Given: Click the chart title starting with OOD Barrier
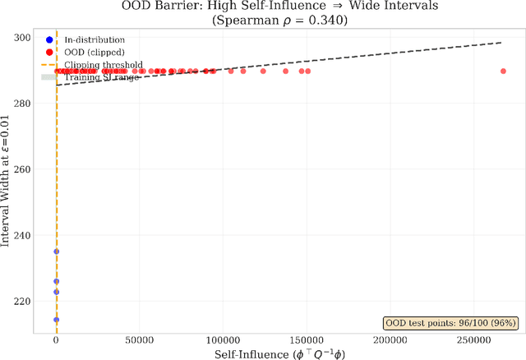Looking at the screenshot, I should tap(263, 7).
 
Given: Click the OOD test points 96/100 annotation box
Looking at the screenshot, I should tap(451, 323).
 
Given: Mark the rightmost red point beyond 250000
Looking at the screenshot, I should tap(503, 72).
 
